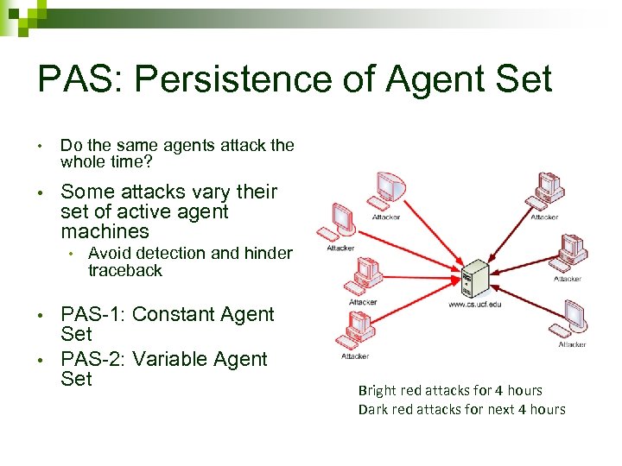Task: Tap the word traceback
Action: (124, 270)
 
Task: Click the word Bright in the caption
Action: (378, 391)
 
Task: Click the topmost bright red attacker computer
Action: (386, 192)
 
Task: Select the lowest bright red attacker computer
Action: (356, 330)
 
